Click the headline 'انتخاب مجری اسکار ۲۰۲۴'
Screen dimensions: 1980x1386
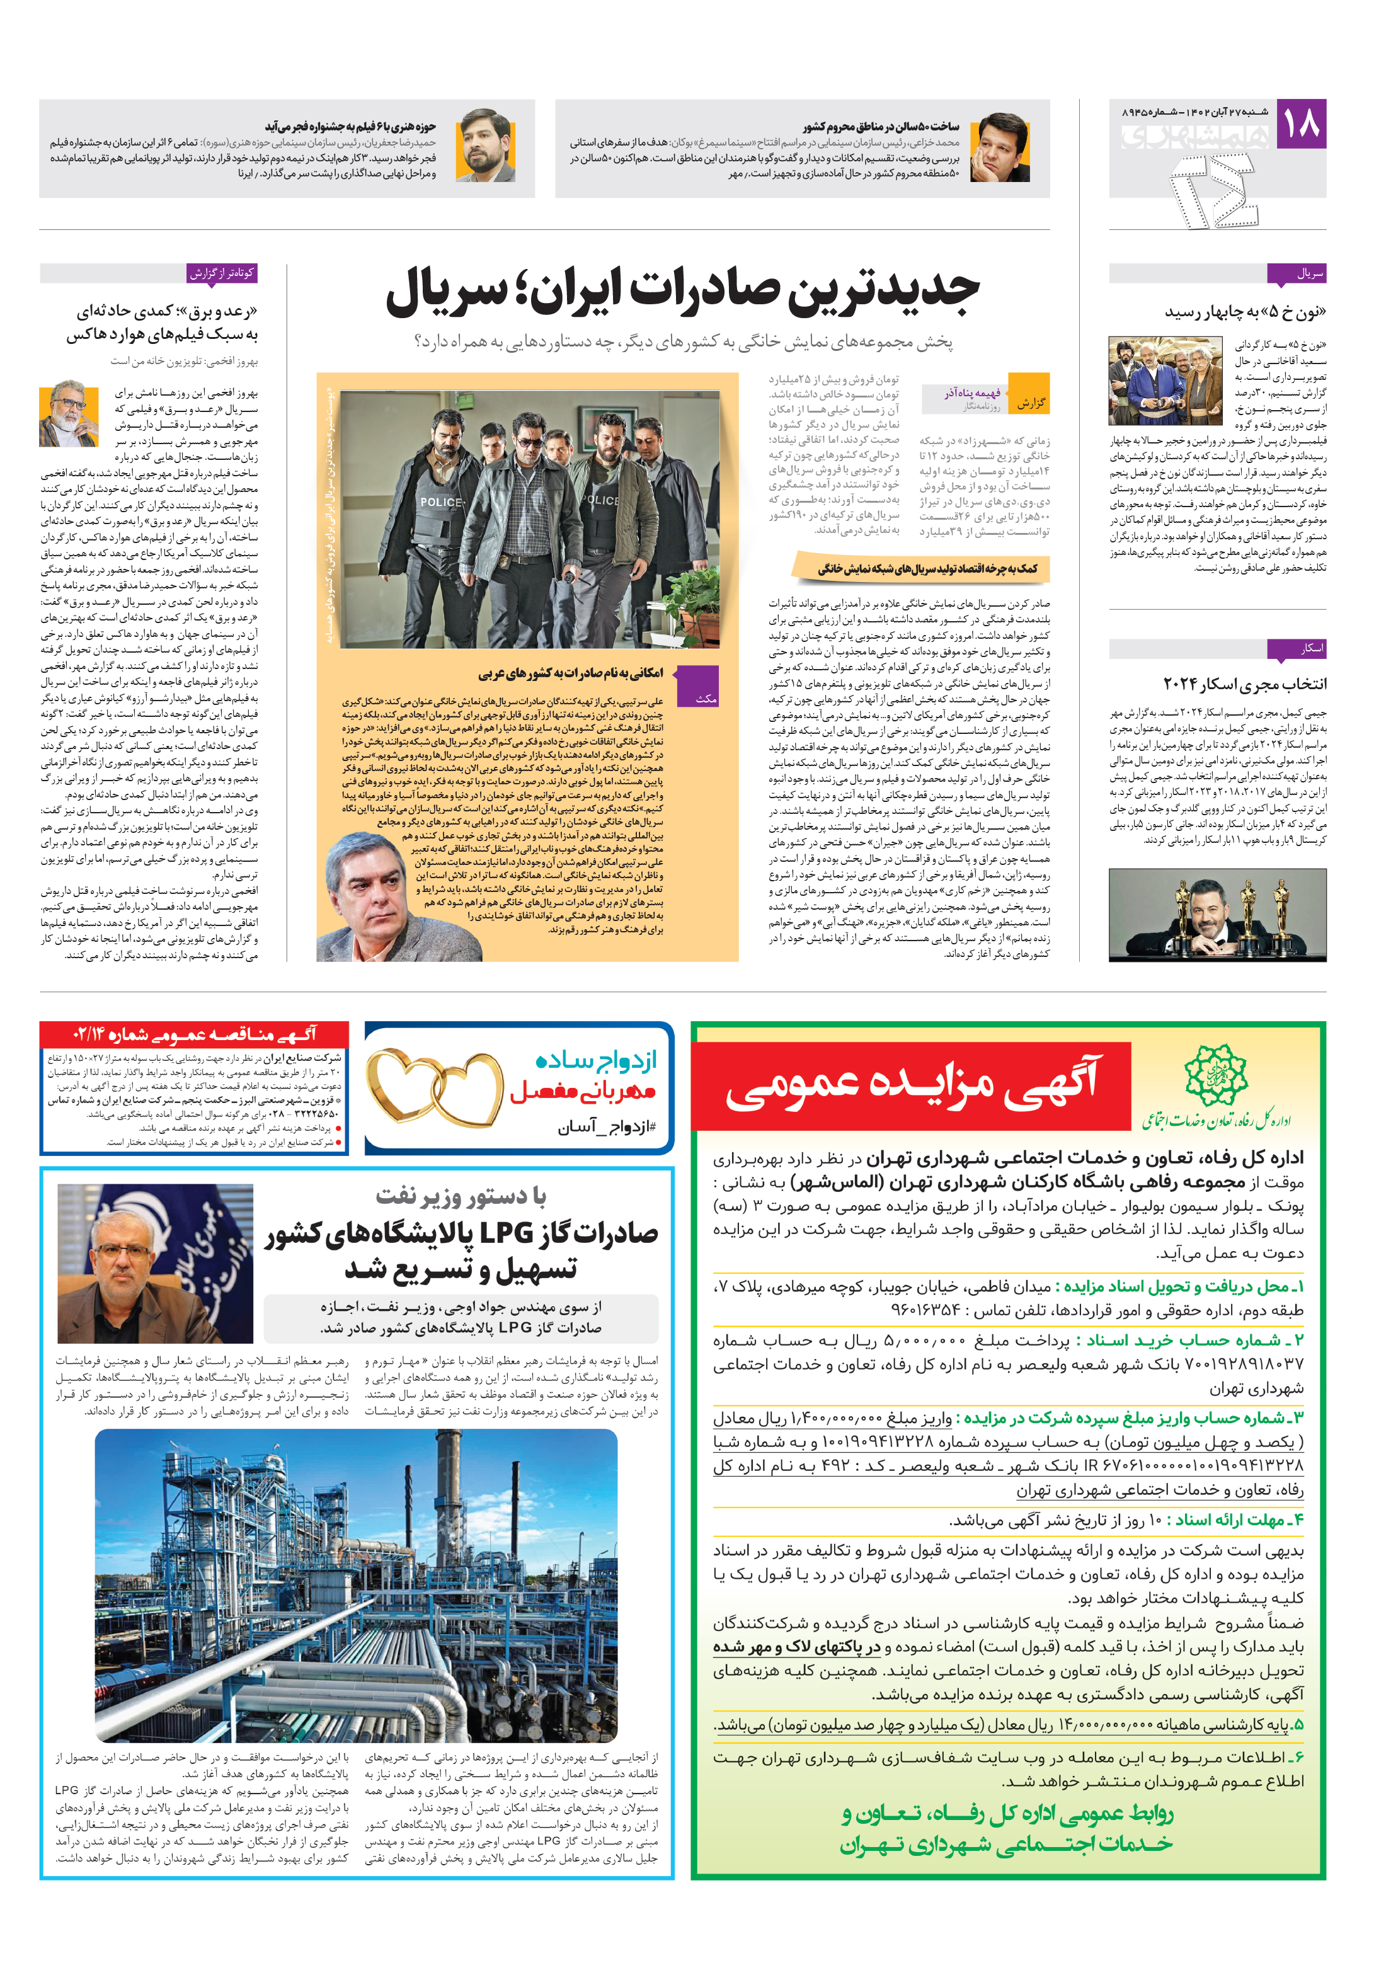pos(1244,684)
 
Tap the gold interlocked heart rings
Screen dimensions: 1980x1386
pos(434,1089)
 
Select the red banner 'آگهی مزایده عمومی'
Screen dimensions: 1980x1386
pos(912,1085)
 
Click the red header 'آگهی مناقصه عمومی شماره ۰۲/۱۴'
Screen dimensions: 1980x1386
pos(195,1033)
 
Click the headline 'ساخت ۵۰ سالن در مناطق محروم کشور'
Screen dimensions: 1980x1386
pos(879,127)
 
